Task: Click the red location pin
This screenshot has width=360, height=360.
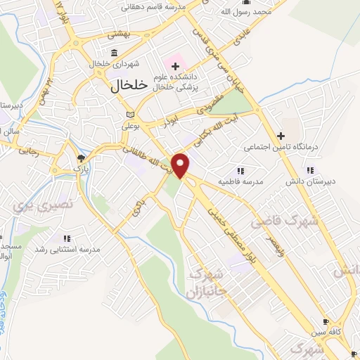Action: point(181,165)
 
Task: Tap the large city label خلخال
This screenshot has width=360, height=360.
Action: point(130,84)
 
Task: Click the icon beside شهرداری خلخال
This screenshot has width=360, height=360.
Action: point(114,53)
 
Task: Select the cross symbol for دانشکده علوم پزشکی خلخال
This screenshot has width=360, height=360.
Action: point(175,65)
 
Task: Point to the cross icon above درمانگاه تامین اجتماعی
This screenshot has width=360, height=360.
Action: point(281,135)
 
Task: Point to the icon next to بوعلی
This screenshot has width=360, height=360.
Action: point(128,115)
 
